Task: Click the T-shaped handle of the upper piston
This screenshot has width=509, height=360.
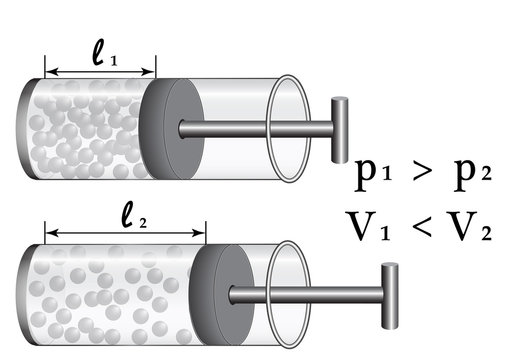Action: [340, 127]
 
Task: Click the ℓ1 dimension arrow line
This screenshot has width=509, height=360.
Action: [100, 72]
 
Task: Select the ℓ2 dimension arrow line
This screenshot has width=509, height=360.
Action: [124, 236]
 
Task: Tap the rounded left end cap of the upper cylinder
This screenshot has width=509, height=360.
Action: [28, 127]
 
